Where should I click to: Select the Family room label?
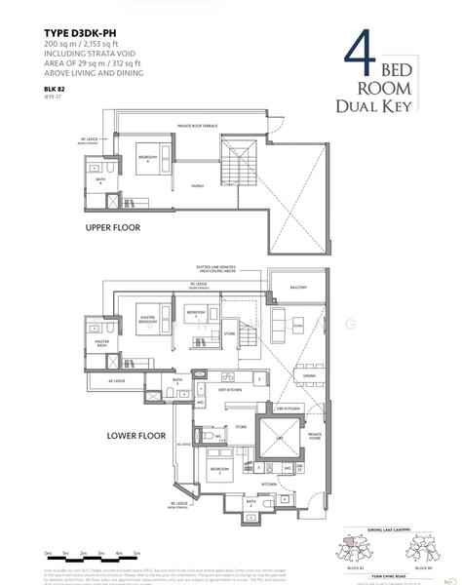198,183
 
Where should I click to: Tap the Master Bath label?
101,344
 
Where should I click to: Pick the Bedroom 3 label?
194,314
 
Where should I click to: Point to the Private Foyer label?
315,438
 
